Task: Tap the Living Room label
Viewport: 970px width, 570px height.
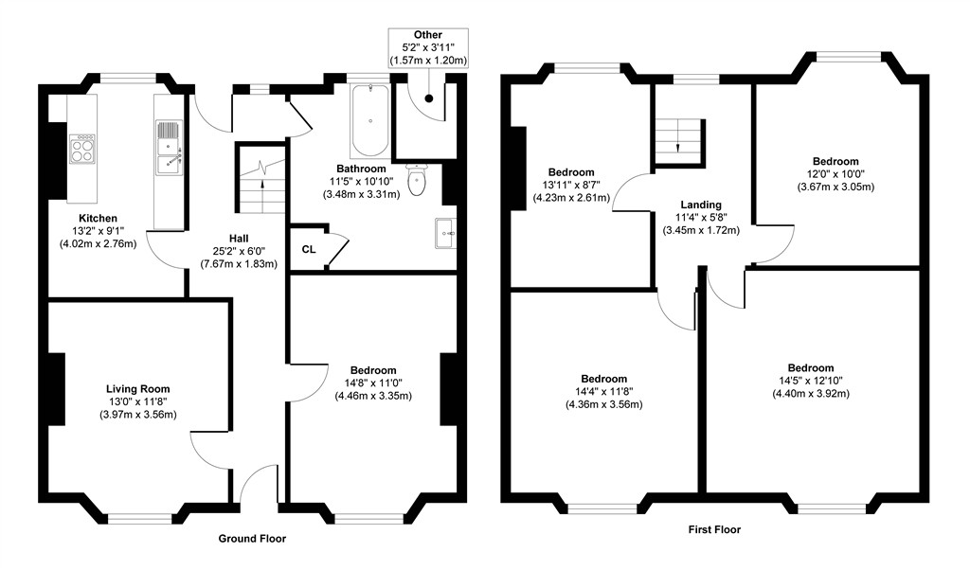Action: (x=138, y=388)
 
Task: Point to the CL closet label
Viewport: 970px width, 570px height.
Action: (x=309, y=250)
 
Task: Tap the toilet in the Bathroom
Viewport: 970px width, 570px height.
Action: (x=417, y=177)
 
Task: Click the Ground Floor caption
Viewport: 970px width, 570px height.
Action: (x=252, y=538)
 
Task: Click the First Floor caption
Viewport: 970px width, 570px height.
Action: (x=714, y=529)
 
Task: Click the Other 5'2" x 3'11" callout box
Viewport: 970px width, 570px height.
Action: (x=428, y=47)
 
